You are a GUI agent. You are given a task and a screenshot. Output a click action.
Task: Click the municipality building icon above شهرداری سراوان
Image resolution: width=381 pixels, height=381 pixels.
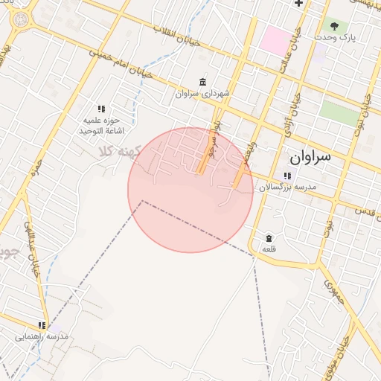click(203, 82)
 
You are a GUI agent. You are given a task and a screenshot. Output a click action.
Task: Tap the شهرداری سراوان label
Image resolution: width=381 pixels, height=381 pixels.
click(204, 94)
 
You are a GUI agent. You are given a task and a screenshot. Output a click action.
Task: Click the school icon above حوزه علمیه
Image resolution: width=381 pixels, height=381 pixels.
click(101, 109)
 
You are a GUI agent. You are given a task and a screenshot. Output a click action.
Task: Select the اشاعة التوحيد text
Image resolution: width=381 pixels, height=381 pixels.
click(100, 130)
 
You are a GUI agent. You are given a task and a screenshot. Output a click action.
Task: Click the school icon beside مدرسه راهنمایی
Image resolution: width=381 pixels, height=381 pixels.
click(42, 325)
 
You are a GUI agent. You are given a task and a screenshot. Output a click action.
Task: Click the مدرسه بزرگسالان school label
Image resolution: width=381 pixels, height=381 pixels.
click(288, 188)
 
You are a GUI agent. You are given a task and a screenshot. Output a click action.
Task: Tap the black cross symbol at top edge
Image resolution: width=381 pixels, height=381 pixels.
click(298, 3)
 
